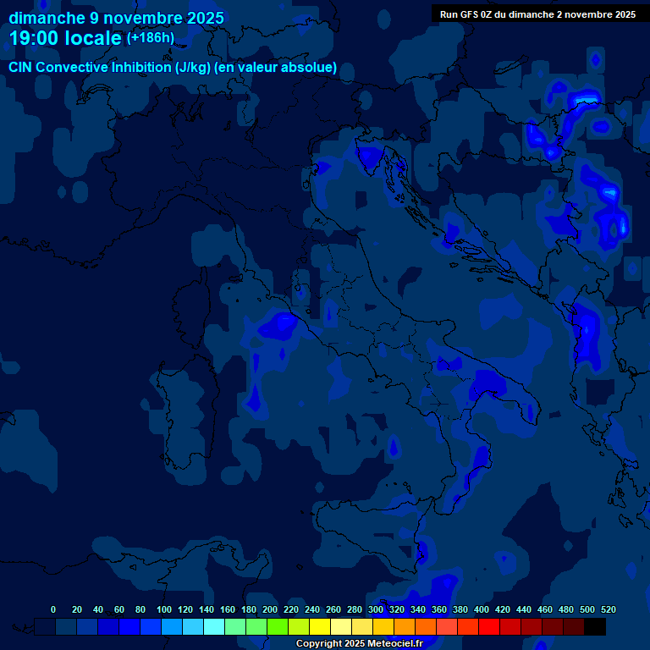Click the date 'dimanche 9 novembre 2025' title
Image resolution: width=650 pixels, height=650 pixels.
tap(116, 18)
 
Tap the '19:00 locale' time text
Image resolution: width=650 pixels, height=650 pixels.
tap(66, 38)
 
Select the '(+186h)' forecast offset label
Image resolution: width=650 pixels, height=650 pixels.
tap(151, 37)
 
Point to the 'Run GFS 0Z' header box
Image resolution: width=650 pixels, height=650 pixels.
tap(537, 14)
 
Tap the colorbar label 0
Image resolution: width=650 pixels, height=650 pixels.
tap(53, 609)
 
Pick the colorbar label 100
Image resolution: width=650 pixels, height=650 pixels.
tap(164, 609)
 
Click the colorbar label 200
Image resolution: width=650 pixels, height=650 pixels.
tap(270, 609)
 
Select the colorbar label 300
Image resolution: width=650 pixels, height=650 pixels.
tap(376, 609)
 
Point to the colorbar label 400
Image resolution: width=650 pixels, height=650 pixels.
tap(482, 609)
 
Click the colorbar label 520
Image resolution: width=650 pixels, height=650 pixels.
tap(608, 609)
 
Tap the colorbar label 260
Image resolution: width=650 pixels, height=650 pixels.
tap(333, 609)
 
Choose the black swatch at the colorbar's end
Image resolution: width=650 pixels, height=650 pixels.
tap(595, 627)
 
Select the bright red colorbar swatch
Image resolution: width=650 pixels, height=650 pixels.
tap(489, 627)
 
